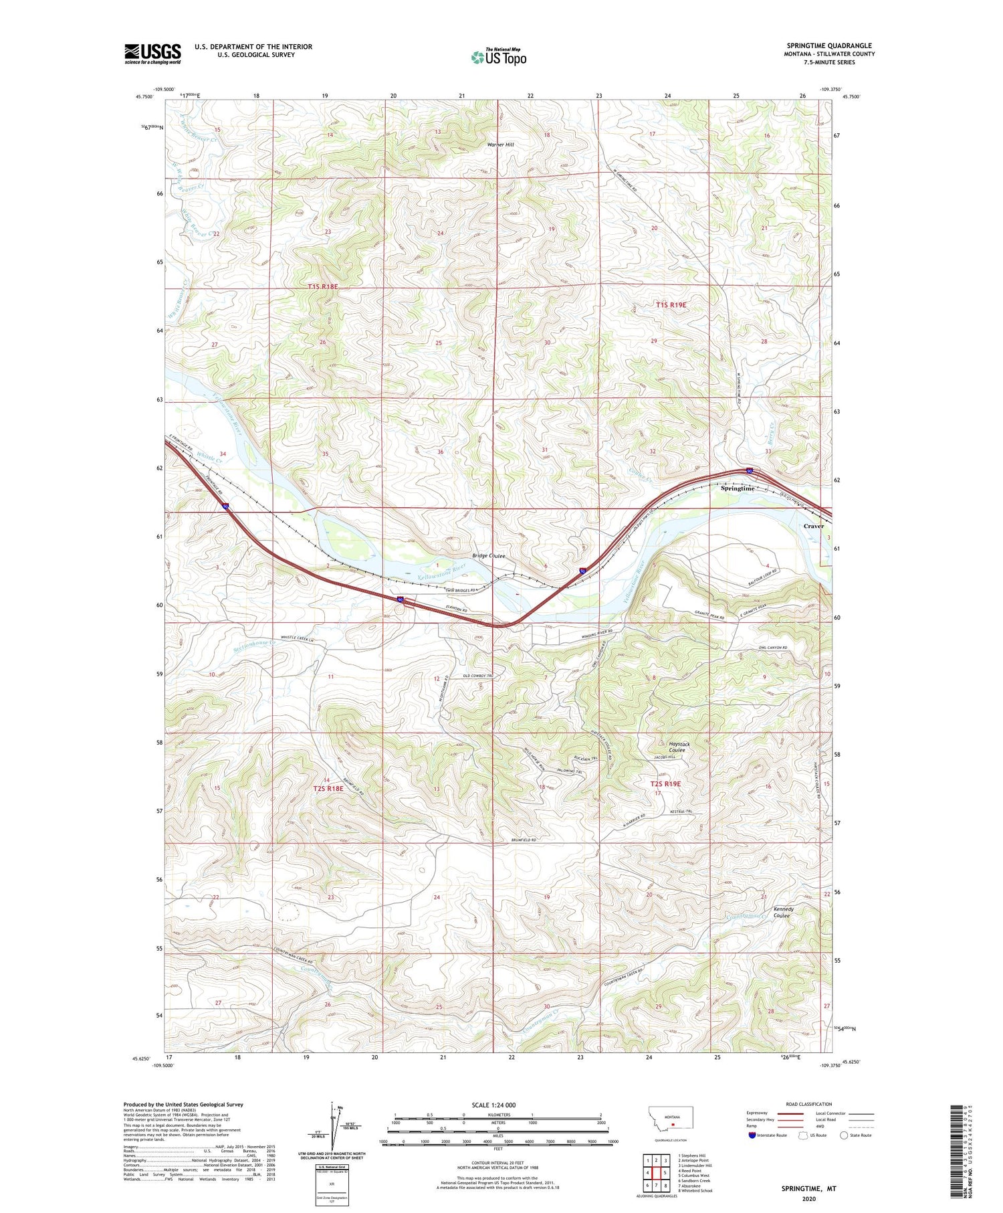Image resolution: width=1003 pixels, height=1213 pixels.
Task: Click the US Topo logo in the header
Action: coord(498,57)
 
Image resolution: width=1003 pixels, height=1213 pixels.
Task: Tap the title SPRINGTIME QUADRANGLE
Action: coord(828,45)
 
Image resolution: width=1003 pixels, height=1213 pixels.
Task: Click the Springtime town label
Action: coord(738,488)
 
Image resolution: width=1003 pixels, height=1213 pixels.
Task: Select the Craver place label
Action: coord(813,526)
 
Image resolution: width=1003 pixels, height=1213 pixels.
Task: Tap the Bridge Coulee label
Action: coord(489,556)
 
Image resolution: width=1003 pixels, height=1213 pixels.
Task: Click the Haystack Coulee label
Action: coord(679,747)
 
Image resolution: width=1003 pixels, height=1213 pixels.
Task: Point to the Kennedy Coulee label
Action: coord(783,912)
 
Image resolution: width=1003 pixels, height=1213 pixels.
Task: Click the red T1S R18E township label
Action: coord(323,286)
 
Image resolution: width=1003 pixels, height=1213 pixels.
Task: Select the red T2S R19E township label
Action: coord(665,783)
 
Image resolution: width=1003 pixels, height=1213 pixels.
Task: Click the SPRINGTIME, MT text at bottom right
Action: coord(808,1189)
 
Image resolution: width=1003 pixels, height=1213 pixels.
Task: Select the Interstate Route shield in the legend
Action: coord(752,1135)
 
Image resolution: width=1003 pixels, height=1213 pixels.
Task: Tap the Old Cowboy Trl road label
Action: coord(478,676)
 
